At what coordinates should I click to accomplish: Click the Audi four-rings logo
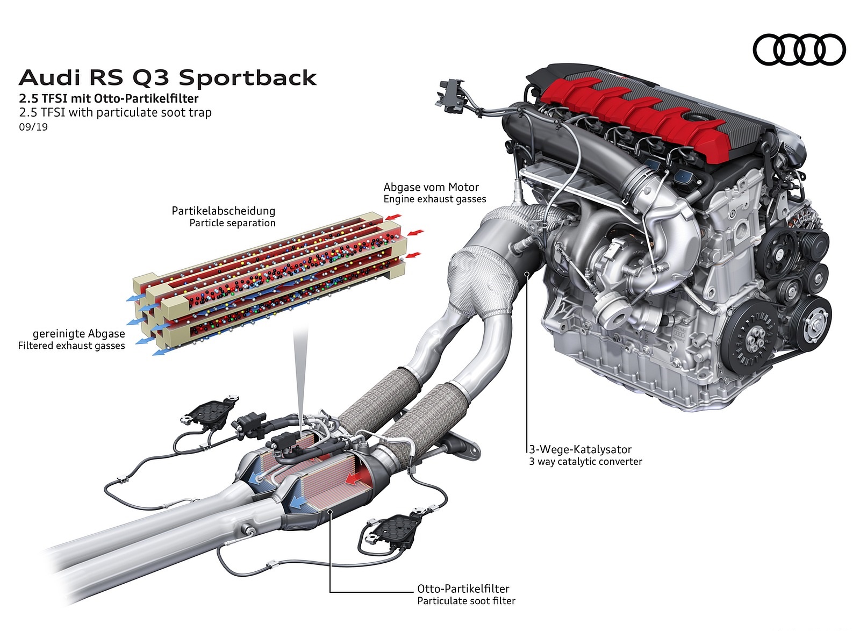[x=799, y=49]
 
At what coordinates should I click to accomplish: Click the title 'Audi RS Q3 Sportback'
[x=168, y=78]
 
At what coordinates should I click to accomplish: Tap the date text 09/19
[x=33, y=127]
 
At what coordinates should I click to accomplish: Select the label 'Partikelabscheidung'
[x=223, y=211]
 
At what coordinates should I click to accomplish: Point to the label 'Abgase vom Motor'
[x=431, y=187]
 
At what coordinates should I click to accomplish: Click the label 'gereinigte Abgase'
[x=78, y=333]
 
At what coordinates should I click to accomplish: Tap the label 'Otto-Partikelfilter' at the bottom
[x=463, y=589]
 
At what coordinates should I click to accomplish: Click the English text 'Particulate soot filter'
[x=466, y=600]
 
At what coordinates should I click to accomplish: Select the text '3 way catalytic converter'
[x=585, y=461]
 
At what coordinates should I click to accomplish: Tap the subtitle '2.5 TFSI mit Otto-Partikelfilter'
[x=109, y=98]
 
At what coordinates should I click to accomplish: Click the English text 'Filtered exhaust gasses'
[x=71, y=346]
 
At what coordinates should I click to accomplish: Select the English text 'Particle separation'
[x=232, y=223]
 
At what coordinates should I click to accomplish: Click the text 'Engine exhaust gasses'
[x=435, y=199]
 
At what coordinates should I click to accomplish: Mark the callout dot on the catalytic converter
[x=527, y=274]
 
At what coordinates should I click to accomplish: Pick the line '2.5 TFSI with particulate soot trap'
[x=115, y=112]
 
